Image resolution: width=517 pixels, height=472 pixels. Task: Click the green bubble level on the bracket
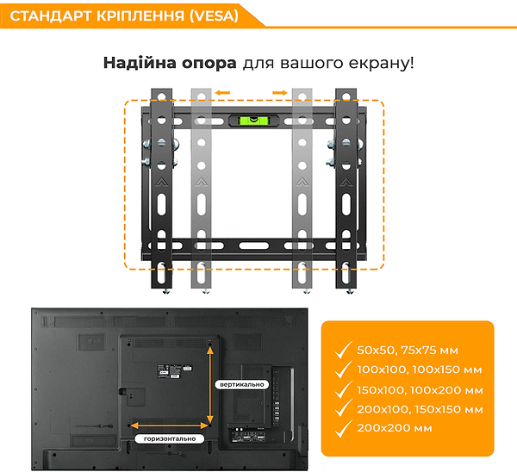[x=253, y=121]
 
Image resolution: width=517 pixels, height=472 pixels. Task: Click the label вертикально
[x=241, y=384]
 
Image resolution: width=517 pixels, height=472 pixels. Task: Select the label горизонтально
[x=170, y=438]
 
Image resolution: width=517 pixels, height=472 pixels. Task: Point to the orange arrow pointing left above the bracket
[x=222, y=93]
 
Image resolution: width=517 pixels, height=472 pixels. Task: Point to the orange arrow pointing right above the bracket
[x=280, y=93]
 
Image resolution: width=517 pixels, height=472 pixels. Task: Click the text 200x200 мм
[x=395, y=428]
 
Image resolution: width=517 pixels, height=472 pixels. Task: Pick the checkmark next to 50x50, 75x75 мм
[x=343, y=350]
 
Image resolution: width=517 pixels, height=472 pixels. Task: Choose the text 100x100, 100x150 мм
[x=420, y=370]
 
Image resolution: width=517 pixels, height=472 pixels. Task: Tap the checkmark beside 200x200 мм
[x=343, y=428]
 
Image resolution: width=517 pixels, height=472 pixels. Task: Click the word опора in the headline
[x=209, y=63]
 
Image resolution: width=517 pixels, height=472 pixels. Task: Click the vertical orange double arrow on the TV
[x=210, y=385]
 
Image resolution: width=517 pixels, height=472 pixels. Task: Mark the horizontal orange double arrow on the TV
[x=170, y=425]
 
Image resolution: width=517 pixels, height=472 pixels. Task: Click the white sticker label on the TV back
[x=174, y=372]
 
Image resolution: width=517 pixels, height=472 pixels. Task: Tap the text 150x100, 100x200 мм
[x=420, y=390]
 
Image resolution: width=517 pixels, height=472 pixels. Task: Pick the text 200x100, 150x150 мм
[x=420, y=409]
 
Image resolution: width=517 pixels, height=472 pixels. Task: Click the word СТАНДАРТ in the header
[x=51, y=16]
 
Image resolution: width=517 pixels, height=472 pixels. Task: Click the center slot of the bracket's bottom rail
[x=253, y=245]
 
